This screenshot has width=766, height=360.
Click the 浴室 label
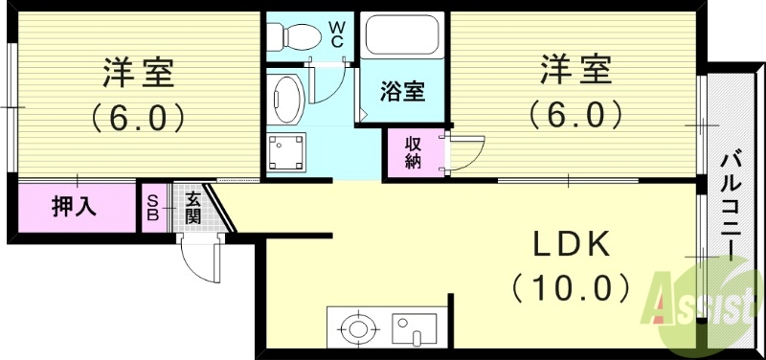(402, 93)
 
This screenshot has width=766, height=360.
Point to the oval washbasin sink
(287, 98)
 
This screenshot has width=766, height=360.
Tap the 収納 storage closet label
(414, 152)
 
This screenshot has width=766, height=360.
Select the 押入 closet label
(73, 207)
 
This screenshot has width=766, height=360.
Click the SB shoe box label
(152, 208)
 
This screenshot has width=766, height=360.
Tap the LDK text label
(571, 246)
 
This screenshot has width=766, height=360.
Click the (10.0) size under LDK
(571, 285)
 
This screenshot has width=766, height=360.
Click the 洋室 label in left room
(139, 73)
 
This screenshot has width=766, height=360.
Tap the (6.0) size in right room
(576, 114)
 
